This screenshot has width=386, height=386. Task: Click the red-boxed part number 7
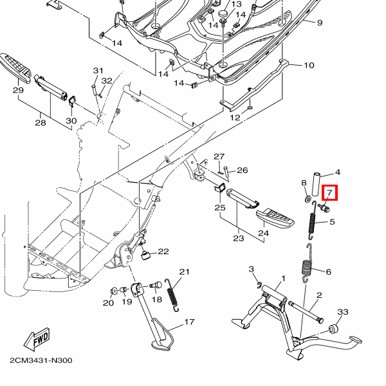329,193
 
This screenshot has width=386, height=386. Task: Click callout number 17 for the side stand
189,322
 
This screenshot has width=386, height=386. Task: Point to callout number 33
343,312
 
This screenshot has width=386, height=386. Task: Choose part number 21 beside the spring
185,272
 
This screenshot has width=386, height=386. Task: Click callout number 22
163,252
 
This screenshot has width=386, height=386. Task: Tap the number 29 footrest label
18,91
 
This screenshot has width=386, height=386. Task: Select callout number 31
98,71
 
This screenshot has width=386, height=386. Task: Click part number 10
309,65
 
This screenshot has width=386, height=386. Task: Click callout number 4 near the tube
337,172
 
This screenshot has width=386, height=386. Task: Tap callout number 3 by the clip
252,268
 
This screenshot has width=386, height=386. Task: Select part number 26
242,170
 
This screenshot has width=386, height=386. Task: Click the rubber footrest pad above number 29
18,66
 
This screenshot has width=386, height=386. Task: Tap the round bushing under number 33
335,329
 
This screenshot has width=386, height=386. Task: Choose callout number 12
235,118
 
